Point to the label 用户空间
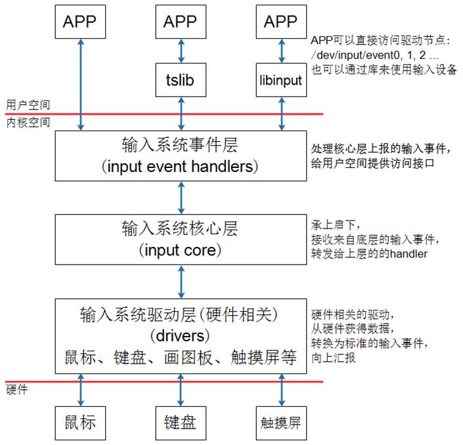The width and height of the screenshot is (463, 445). tap(28, 105)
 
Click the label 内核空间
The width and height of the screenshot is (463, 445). tap(28, 122)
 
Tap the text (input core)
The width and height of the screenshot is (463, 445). tap(181, 250)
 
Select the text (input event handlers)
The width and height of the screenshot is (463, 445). tap(180, 167)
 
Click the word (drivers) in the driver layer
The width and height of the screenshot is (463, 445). tap(180, 336)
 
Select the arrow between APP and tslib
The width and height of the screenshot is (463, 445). tap(181, 51)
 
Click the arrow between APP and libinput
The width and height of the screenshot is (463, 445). tap(282, 51)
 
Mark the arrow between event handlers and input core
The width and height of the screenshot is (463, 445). tap(181, 198)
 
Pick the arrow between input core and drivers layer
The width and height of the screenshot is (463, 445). tap(181, 282)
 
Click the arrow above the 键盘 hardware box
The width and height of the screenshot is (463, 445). tap(181, 390)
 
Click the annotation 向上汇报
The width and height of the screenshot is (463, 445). tap(334, 358)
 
